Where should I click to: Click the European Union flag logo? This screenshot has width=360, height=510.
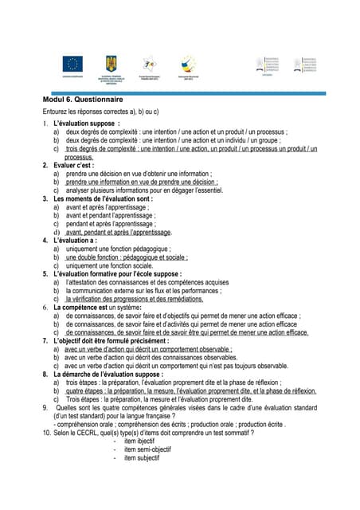coord(76,65)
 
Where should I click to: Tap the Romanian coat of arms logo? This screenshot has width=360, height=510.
coord(111,64)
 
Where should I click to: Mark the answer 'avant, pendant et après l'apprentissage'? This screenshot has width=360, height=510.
coord(119,232)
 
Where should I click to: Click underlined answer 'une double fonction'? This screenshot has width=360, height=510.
coord(127,257)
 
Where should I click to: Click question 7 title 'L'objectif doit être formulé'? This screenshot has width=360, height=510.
coord(111,340)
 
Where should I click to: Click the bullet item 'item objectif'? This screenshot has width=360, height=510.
coord(135,441)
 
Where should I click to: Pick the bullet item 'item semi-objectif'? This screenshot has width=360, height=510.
coord(142,449)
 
